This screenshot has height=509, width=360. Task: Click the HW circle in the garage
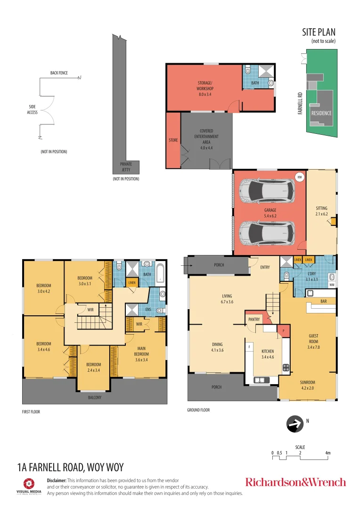299,177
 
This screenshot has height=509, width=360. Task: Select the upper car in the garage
267,191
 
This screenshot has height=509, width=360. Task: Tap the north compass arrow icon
295,424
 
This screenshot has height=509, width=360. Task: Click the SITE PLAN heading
319,32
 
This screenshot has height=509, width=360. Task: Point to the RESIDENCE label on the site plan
321,113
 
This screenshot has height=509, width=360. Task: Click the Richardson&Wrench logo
295,482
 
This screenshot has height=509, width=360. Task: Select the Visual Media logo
29,486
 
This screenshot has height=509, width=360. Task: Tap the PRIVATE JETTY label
126,166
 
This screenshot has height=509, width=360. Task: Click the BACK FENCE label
59,73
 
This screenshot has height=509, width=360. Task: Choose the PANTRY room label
254,319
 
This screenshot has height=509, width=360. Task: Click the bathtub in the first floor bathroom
161,273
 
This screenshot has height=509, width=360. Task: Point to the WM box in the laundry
332,285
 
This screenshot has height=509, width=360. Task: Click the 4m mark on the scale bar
328,453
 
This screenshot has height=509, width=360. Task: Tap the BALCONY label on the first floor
94,397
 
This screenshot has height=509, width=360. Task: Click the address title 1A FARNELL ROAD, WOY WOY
70,468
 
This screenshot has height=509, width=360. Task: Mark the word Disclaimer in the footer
57,480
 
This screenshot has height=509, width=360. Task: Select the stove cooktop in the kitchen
286,367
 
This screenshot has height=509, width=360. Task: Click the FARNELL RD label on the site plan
300,104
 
